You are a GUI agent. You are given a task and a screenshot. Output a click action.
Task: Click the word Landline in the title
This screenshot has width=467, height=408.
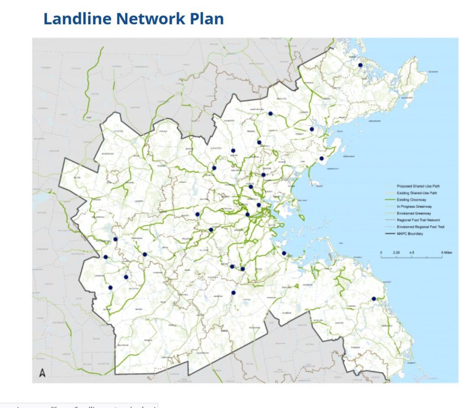click(x=77, y=19)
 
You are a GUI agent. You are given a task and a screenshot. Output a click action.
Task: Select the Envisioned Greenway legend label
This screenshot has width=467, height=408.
click(x=414, y=213)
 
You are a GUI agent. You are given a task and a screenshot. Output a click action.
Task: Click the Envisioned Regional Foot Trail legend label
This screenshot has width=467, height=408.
click(x=420, y=227)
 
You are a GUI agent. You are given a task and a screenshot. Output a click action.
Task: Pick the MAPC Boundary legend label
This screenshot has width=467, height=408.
click(x=410, y=234)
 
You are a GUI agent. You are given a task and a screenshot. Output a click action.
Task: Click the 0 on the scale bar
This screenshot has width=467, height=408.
click(x=381, y=252)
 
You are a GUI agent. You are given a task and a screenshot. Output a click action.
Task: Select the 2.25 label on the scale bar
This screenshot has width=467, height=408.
click(x=396, y=252)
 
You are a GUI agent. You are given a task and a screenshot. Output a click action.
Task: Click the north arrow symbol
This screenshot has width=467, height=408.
click(x=42, y=373)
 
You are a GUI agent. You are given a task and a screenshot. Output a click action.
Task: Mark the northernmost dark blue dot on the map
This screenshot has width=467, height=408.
click(x=360, y=65)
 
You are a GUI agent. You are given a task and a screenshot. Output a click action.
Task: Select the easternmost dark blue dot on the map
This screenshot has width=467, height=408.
click(x=374, y=299)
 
